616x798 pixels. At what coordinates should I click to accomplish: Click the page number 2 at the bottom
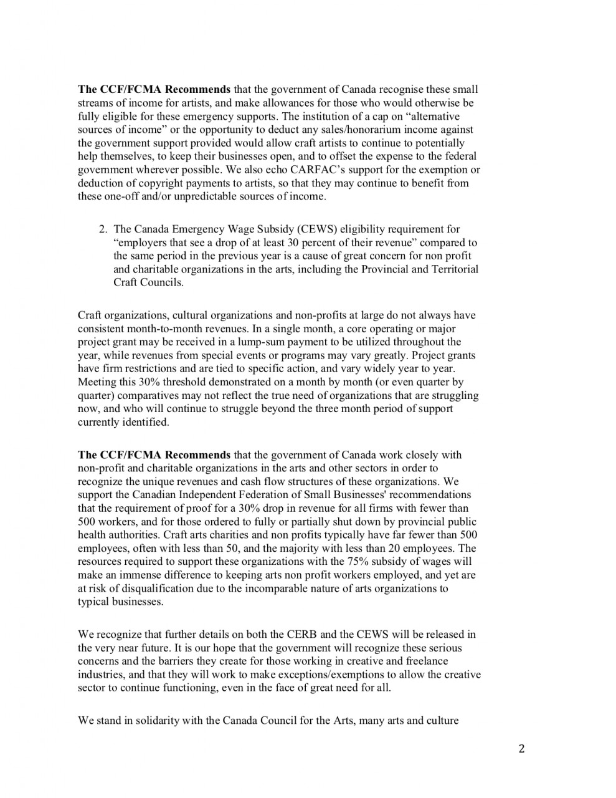pos(521,749)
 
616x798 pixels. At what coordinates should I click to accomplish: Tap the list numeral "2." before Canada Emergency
pos(104,229)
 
